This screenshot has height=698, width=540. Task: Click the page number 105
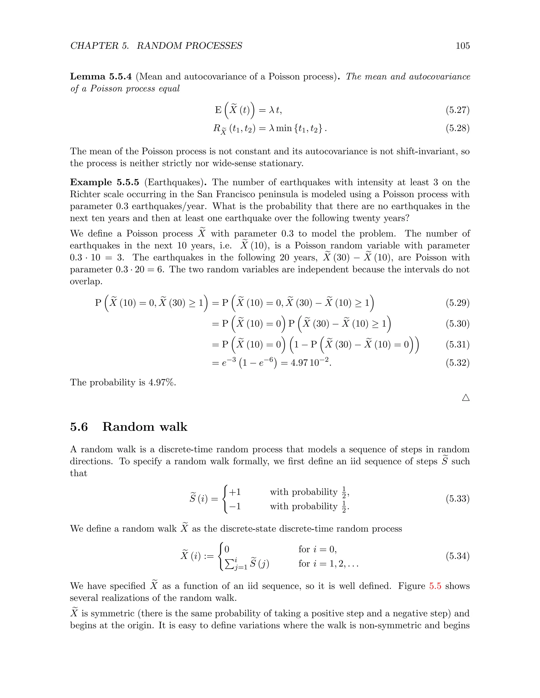[x=462, y=46]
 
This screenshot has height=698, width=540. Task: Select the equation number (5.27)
[x=457, y=110]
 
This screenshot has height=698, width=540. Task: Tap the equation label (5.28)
[x=457, y=129]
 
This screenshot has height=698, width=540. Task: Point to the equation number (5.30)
[x=457, y=324]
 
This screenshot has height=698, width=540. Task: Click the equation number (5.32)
[x=457, y=363]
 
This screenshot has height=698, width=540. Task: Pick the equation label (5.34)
[x=457, y=556]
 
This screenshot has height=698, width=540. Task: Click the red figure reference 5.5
[x=435, y=586]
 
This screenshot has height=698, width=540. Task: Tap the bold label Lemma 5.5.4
[x=101, y=77]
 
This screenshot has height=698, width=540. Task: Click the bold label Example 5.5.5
[x=105, y=183]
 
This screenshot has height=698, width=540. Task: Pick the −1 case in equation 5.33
[x=235, y=507]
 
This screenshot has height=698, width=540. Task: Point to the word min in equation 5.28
[x=284, y=129]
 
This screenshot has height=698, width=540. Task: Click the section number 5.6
[x=79, y=427]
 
